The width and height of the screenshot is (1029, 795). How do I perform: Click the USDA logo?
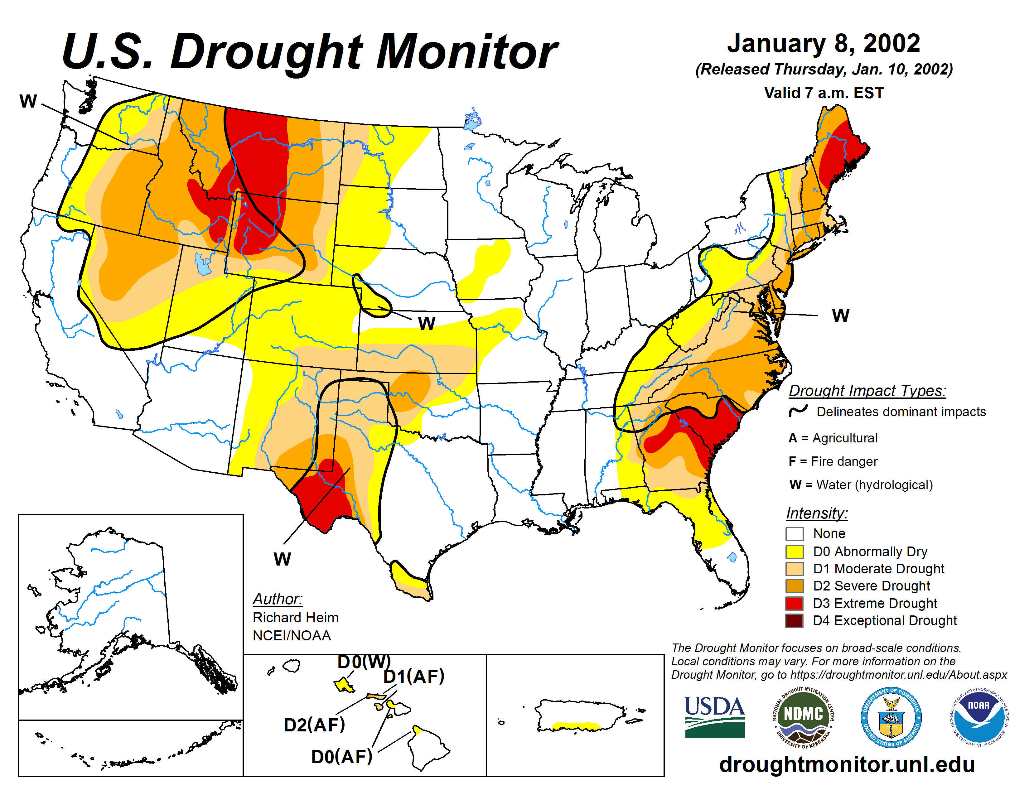click(714, 717)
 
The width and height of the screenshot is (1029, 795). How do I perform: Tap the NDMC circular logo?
click(803, 717)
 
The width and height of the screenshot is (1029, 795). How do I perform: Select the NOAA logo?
click(978, 717)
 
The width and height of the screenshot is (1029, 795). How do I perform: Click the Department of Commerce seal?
click(891, 717)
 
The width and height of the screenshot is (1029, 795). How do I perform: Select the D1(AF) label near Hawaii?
click(414, 676)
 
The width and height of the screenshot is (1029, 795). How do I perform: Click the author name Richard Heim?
click(295, 617)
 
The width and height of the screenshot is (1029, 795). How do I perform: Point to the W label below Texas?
click(282, 559)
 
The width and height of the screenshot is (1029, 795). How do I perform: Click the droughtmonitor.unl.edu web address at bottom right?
click(847, 764)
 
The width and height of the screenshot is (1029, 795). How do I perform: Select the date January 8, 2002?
click(824, 43)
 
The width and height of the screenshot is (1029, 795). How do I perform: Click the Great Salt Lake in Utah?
click(203, 265)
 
